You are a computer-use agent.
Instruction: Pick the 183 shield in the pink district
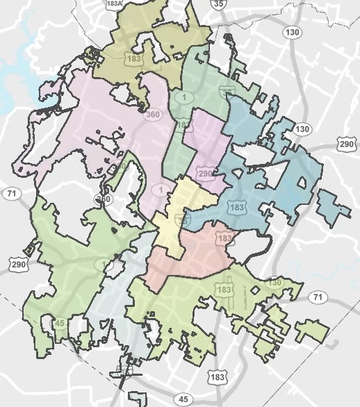click(224, 238)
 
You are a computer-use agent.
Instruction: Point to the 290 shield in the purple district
click(204, 172)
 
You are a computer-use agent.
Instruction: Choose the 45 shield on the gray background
click(183, 399)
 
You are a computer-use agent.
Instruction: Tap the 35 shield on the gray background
click(220, 5)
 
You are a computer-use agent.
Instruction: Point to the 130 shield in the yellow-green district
click(274, 283)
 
